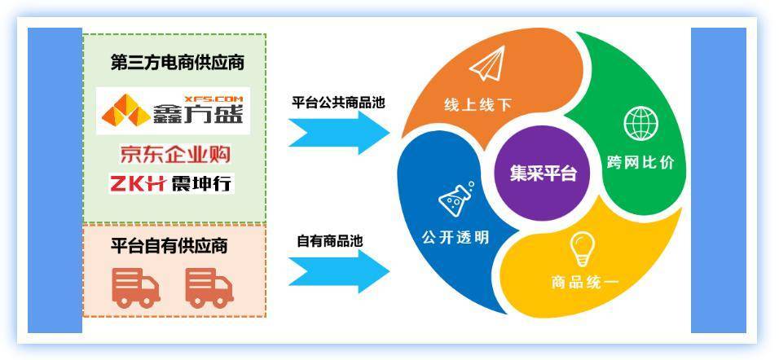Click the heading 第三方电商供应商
(178, 64)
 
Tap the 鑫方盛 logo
(173, 111)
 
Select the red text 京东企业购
(175, 155)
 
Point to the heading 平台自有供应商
(169, 246)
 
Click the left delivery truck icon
(135, 288)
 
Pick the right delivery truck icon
(209, 288)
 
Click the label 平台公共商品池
(338, 103)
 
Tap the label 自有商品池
(330, 241)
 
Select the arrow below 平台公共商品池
(339, 133)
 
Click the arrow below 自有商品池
(339, 271)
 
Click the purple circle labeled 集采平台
(543, 173)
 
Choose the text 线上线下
(478, 105)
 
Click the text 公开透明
(456, 237)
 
